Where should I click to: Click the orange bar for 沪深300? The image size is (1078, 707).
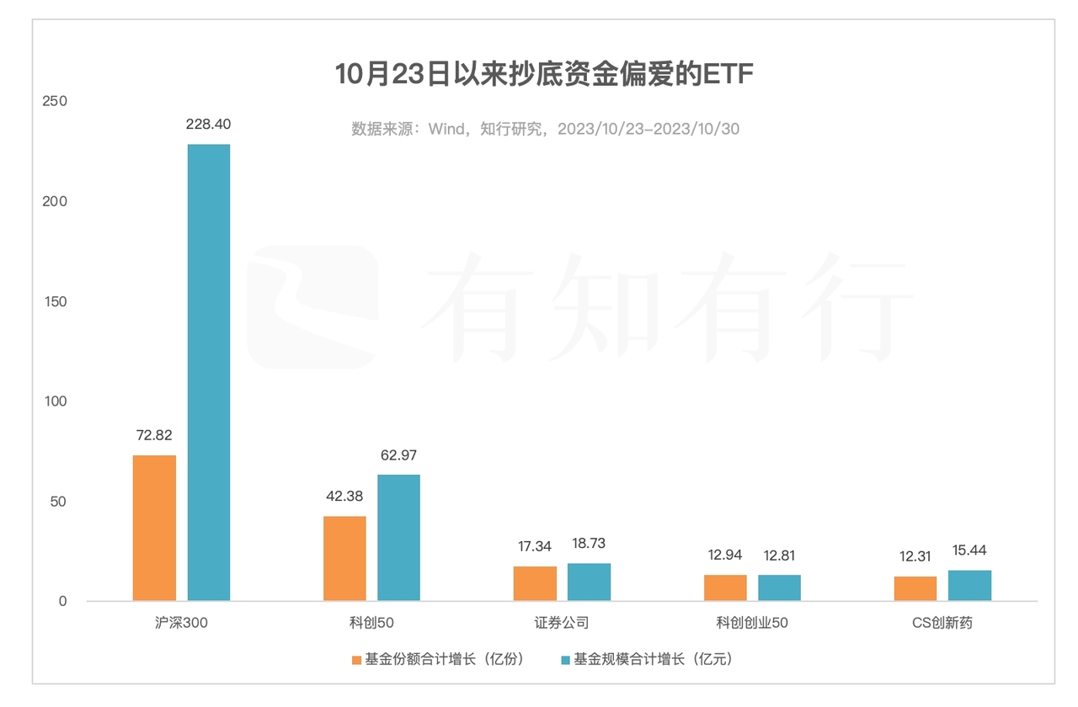[154, 528]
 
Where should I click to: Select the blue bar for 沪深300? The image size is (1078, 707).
[208, 372]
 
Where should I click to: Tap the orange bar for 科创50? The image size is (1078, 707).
[344, 558]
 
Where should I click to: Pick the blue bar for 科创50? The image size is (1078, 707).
[398, 538]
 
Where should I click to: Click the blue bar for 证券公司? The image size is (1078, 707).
[589, 582]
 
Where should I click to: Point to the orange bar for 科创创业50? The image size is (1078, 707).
[725, 588]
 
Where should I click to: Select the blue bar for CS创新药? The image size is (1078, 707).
[969, 586]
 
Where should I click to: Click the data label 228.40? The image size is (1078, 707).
[208, 125]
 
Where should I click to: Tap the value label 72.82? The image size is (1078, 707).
[154, 435]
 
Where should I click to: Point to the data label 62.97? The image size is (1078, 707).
[398, 455]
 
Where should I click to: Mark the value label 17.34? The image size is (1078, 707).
[535, 546]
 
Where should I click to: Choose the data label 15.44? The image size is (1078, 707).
[969, 550]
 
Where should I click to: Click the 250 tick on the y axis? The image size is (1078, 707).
[54, 101]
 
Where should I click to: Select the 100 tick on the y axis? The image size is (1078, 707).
[54, 401]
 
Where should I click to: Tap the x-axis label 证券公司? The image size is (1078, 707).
[562, 624]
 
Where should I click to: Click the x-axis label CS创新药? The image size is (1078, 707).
[942, 624]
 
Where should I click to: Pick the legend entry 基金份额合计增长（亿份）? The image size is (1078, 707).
[438, 659]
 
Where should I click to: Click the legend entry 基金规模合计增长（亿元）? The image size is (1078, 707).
[647, 659]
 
